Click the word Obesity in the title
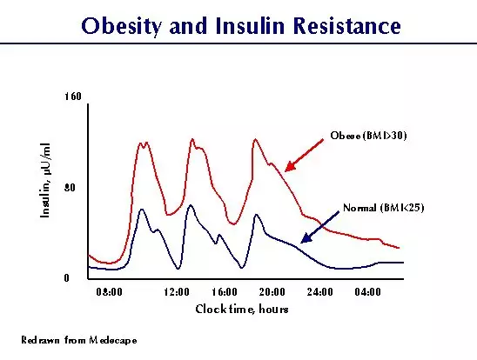(120, 26)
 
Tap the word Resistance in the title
(347, 25)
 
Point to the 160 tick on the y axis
(73, 97)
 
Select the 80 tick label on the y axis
(70, 188)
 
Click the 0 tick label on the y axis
(67, 278)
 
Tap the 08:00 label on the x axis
(109, 292)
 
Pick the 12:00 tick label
(177, 292)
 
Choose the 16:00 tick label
(225, 292)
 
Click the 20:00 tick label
(272, 292)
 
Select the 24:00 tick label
(319, 292)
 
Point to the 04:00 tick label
(367, 292)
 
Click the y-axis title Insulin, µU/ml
(45, 180)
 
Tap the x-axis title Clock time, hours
(242, 310)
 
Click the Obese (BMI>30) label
(368, 136)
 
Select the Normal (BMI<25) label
(383, 208)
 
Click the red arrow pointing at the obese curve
(304, 156)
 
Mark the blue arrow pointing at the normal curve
(319, 227)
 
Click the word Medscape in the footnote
(113, 340)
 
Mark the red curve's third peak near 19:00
(255, 139)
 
